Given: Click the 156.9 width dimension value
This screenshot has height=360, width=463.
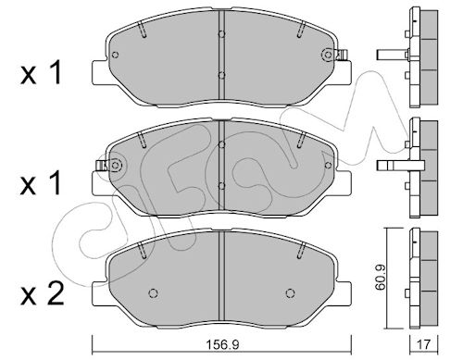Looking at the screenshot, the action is point(222,344).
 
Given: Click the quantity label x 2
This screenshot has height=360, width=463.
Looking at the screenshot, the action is point(43,293).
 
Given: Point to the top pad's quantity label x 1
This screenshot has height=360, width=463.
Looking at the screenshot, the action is point(41,73).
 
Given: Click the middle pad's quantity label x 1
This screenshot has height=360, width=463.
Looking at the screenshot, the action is point(41,183).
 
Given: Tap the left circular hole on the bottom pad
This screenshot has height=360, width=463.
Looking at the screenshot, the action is point(154,293).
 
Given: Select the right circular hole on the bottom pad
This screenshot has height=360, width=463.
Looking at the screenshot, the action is point(290,293).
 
